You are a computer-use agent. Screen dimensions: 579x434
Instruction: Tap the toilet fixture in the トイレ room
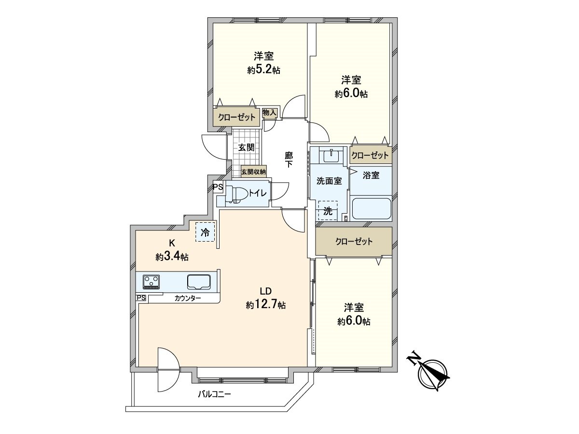pos(236,194)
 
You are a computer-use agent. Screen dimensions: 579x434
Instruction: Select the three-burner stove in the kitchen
pos(151,282)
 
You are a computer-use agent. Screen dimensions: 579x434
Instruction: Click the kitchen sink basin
pos(199,282)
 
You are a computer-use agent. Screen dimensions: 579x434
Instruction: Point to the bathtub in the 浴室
pos(371,208)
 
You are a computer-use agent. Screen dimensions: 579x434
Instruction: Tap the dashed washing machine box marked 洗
pos(328,211)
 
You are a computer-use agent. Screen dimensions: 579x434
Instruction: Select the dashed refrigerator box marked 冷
pos(205,231)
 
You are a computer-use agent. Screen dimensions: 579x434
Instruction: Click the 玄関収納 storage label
pos(253,172)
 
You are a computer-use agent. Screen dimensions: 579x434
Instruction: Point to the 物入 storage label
pos(269,113)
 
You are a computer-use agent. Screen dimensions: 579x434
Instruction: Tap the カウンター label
pos(188,298)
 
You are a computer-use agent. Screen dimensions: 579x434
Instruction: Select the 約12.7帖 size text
pos(266,305)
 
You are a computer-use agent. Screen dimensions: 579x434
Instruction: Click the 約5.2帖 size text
pos(263,70)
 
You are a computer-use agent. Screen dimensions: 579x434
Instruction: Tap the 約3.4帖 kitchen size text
pos(172,256)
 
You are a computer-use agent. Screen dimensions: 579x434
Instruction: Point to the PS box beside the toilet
pos(218,188)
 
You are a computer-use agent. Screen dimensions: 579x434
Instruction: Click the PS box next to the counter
pos(141,298)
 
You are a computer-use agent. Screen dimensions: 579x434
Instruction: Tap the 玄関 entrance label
pos(246,147)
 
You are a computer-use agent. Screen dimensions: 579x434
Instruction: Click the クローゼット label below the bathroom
pos(354,242)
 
